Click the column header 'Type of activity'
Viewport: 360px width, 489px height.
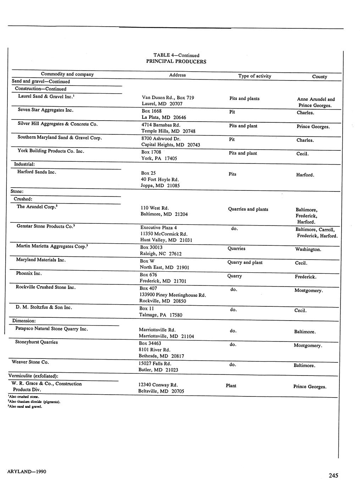tap(255, 76)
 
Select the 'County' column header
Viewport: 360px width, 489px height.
tap(319, 77)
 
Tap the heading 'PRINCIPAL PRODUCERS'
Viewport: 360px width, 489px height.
tap(176, 61)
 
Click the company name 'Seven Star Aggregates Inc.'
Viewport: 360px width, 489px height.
tap(45, 110)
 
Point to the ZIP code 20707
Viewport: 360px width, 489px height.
tap(176, 104)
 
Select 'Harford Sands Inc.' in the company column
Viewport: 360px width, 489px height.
tap(37, 172)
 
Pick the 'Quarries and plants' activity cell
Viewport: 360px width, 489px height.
tap(248, 209)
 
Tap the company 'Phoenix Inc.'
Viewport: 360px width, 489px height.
tap(29, 273)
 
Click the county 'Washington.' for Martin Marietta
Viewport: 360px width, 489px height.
tap(308, 249)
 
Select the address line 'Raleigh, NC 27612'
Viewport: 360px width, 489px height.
tap(161, 254)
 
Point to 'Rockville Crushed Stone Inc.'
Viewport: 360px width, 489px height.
tap(46, 287)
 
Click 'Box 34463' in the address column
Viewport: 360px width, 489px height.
tap(150, 343)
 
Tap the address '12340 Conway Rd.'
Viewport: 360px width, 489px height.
tap(158, 385)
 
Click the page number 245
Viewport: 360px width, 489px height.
tap(333, 476)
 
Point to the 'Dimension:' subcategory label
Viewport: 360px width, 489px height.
tap(24, 321)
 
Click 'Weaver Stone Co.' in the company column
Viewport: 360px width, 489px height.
tap(30, 362)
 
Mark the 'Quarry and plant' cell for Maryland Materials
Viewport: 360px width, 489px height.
tap(245, 262)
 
